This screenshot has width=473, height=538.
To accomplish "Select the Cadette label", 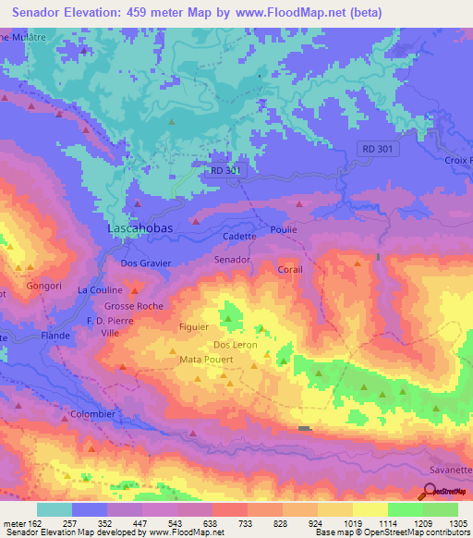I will [239, 237].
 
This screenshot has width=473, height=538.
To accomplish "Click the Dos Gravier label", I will [146, 263].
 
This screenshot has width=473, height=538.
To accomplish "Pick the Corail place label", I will [290, 270].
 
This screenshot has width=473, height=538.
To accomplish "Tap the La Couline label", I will [98, 289].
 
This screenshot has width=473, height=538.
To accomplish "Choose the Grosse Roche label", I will [133, 305].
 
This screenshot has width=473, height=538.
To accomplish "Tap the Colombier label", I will [93, 414].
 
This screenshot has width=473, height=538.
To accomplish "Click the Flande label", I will [55, 336].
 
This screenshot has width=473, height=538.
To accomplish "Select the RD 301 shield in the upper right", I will [378, 149].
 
